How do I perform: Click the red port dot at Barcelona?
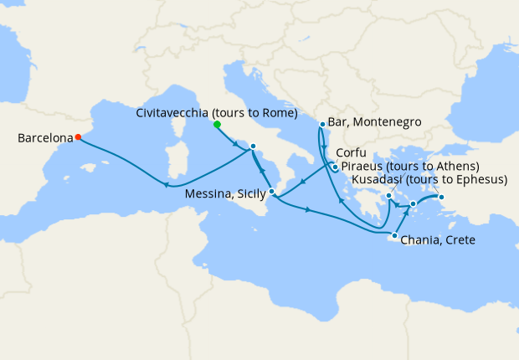tap(78, 137)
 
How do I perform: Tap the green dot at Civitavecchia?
tap(217, 124)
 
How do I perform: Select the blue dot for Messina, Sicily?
tap(272, 192)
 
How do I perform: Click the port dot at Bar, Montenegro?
tap(322, 125)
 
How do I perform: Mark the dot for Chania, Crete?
tap(394, 236)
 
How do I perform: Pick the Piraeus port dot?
tap(389, 198)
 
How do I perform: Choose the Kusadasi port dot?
tap(443, 198)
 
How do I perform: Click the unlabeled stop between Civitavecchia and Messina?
tap(253, 147)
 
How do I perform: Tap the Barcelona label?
tap(44, 140)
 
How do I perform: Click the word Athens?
tap(456, 167)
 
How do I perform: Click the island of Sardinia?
tap(176, 159)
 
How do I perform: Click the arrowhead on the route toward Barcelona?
tap(167, 186)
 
